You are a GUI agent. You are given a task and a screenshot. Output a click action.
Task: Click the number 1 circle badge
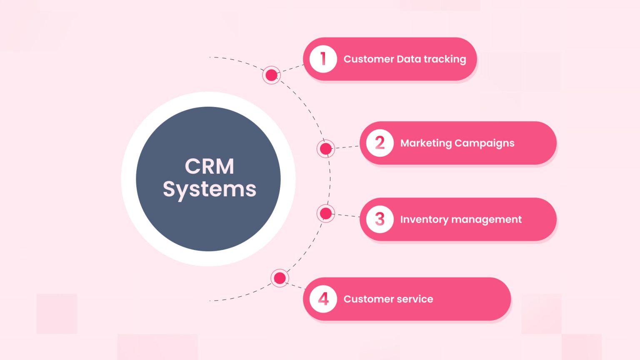tap(323, 59)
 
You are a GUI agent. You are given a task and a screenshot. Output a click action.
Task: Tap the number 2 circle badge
tap(380, 143)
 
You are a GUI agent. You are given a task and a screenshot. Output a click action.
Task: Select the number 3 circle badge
tap(380, 219)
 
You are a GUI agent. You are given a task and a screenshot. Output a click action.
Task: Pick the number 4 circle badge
tap(323, 299)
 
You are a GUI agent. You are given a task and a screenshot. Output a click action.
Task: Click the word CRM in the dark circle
tap(210, 166)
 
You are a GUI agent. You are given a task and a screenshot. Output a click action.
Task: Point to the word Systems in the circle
tap(210, 190)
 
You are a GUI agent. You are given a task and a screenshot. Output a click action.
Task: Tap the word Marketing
tap(426, 143)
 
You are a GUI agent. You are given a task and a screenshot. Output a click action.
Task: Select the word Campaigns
tap(484, 143)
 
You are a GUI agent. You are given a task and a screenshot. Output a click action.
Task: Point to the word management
tap(486, 220)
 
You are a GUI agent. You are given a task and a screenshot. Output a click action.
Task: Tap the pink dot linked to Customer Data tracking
tap(271, 75)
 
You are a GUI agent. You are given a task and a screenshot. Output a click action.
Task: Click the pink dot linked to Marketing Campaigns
tap(326, 149)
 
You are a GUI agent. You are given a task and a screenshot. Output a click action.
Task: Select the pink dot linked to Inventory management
tap(326, 214)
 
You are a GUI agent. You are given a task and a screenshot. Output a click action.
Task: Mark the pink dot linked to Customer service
tap(280, 278)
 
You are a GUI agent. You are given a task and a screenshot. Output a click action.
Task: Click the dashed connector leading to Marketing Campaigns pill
tap(347, 147)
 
